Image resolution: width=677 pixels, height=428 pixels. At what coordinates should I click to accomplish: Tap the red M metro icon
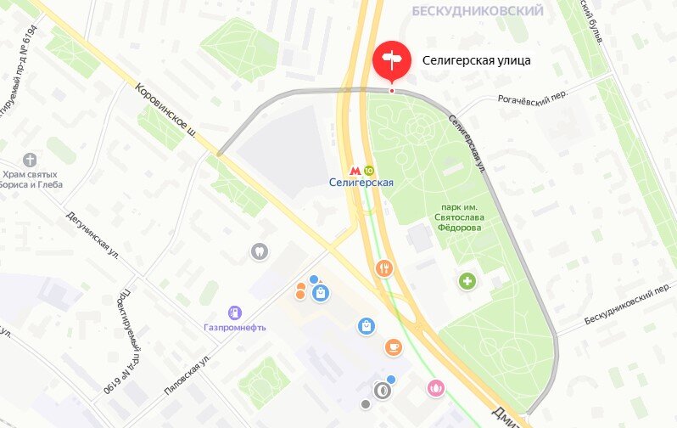point(355,169)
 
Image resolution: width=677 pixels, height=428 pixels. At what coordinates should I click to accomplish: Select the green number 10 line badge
point(369,169)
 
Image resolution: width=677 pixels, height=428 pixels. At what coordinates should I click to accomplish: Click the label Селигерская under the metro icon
point(362,183)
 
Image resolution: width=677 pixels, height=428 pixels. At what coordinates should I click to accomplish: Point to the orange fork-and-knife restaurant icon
point(384,268)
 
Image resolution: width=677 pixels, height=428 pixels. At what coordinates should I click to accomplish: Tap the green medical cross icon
point(467,281)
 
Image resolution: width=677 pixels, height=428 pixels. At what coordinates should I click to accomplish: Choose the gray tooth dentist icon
point(259,251)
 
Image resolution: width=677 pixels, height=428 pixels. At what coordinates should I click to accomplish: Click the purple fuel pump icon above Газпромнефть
point(235,313)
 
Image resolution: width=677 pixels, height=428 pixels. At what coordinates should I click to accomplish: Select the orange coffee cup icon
point(393,346)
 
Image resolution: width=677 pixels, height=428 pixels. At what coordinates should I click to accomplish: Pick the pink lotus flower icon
point(436,388)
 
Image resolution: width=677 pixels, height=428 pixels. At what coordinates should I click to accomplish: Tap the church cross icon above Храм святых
point(31,160)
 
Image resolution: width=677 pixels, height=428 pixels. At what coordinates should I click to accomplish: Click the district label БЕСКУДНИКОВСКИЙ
point(477,11)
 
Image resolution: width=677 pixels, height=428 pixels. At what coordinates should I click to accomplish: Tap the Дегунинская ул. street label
point(92,235)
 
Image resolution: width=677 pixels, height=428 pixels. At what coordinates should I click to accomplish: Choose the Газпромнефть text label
point(235,328)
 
